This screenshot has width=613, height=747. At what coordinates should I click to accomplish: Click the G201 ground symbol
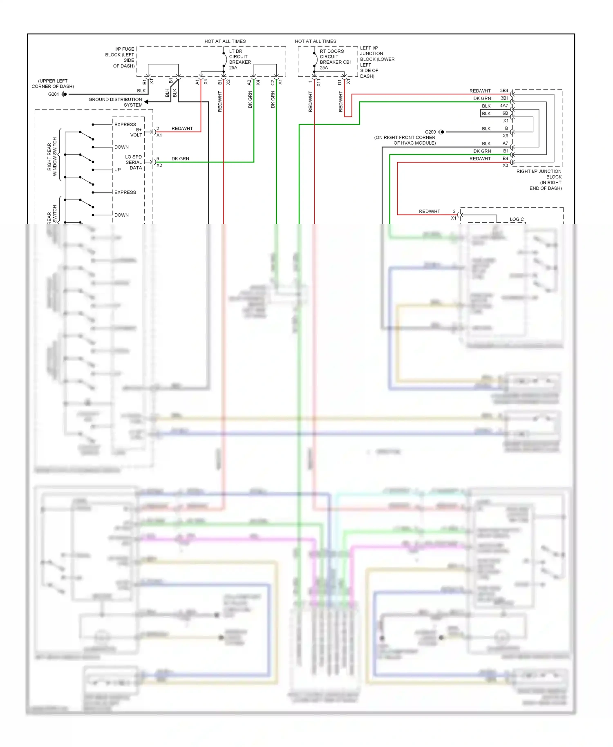[x=64, y=94]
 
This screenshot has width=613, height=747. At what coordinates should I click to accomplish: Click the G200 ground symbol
[x=441, y=132]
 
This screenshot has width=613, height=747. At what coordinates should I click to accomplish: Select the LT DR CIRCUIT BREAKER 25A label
[x=239, y=60]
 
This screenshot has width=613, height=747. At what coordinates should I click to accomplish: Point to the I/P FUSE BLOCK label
[x=120, y=57]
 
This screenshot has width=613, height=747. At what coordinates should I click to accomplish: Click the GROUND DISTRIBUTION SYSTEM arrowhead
[x=146, y=102]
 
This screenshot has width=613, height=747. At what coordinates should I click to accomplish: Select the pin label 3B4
[x=504, y=91]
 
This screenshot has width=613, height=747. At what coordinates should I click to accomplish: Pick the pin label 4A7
[x=504, y=106]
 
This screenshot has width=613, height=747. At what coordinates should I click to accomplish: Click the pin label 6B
[x=505, y=113]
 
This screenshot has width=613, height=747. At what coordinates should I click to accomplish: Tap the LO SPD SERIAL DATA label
[x=134, y=162]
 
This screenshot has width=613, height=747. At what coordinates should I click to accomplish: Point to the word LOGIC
[x=517, y=219]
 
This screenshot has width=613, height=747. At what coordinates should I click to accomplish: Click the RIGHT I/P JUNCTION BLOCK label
[x=539, y=180]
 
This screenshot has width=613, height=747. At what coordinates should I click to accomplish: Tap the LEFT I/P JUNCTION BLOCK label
[x=376, y=62]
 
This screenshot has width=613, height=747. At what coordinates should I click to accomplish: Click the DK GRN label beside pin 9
[x=180, y=159]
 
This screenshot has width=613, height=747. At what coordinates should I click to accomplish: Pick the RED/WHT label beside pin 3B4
[x=480, y=91]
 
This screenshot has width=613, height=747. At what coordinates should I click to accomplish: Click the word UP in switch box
[x=118, y=170]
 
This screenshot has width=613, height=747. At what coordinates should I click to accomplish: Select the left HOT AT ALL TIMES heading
[x=225, y=41]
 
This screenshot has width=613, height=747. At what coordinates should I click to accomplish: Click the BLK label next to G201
[x=141, y=91]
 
